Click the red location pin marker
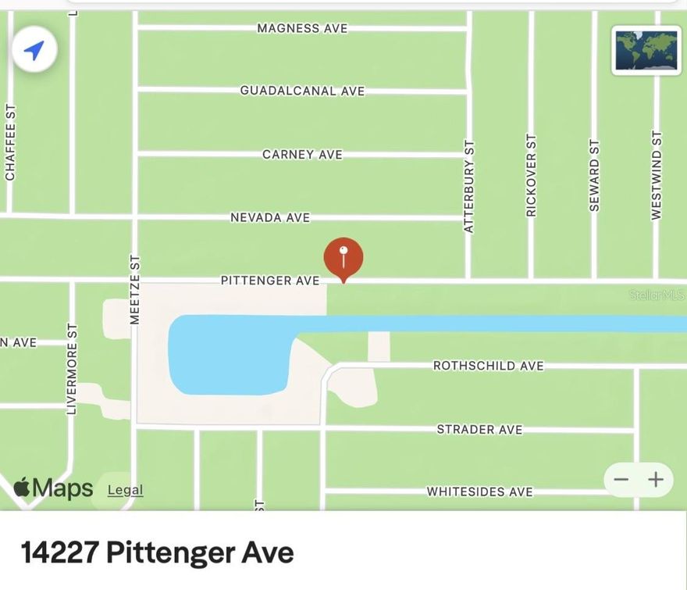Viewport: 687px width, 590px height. click(343, 259)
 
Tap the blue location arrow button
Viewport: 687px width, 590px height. click(34, 51)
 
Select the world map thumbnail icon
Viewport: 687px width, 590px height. click(646, 51)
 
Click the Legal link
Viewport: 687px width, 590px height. click(125, 490)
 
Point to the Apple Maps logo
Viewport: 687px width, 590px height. click(53, 488)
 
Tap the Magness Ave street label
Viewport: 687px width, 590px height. click(302, 28)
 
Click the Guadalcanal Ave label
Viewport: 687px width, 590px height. click(302, 91)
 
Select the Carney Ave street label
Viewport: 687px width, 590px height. click(302, 155)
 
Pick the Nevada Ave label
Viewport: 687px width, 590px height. click(270, 217)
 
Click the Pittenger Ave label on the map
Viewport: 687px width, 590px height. click(270, 280)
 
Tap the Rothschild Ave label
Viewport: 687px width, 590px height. click(489, 366)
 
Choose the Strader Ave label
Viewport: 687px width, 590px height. click(479, 429)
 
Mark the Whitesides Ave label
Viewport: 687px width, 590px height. click(479, 492)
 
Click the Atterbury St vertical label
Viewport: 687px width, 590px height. click(469, 187)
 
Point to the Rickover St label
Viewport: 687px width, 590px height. click(532, 175)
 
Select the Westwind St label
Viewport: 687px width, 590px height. click(657, 175)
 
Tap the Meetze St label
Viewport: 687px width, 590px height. click(134, 289)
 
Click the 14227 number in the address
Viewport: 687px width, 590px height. click(59, 552)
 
